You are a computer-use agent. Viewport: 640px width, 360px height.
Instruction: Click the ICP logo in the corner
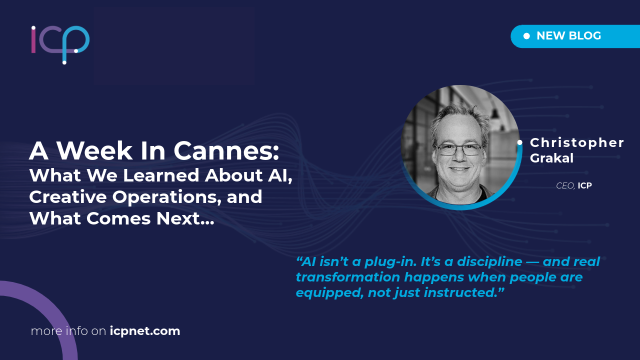60,45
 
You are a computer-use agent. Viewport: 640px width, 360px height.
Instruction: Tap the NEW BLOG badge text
569,36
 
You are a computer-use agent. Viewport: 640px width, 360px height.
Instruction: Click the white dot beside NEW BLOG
526,36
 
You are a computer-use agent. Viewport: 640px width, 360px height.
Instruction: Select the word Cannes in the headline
226,150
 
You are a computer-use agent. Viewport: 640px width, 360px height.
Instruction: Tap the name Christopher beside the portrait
577,143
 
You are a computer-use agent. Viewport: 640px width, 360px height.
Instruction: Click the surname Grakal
551,158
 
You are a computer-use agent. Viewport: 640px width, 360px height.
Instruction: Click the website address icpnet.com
145,331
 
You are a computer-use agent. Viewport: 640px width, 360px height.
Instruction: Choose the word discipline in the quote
489,261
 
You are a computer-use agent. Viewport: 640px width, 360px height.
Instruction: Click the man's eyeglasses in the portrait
458,149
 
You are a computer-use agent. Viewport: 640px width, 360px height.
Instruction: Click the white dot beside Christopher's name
519,142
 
